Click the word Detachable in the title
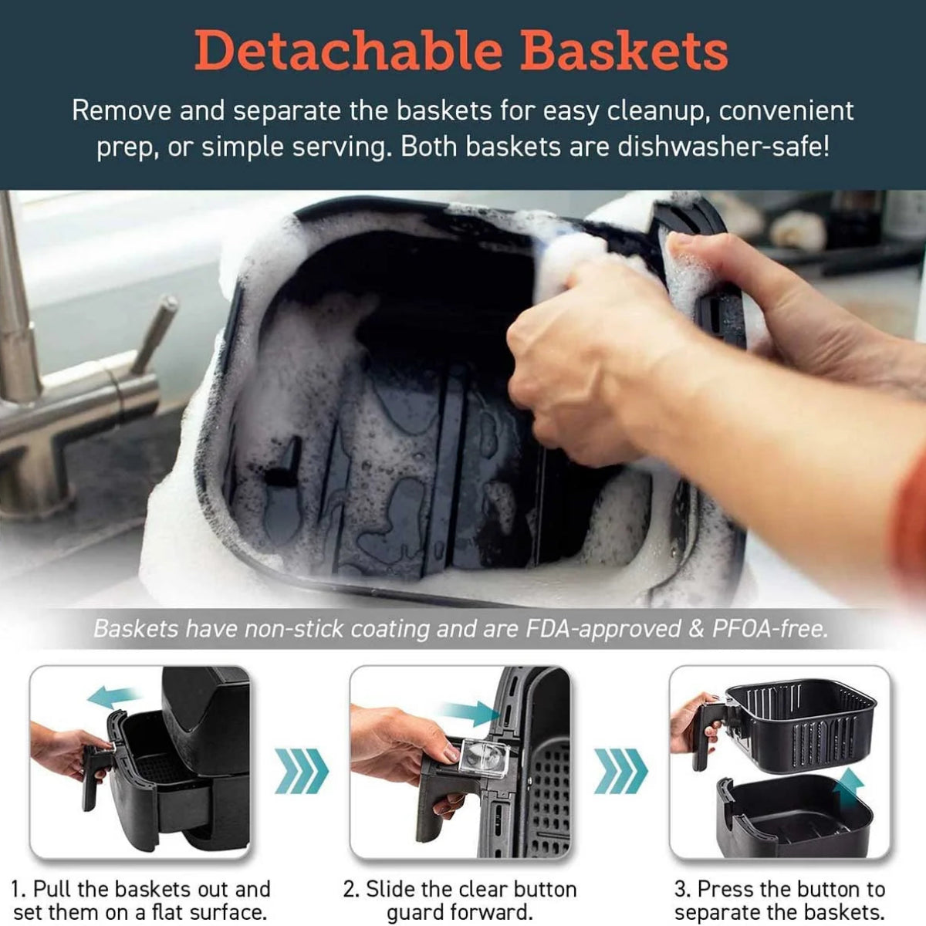pos(349,51)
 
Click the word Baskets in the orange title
pos(625,51)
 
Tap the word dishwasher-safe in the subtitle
pos(723,147)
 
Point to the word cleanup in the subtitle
pos(658,111)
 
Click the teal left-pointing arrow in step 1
pos(116,698)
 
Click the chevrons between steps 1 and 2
pos(301,771)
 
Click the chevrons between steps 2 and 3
pos(621,771)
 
